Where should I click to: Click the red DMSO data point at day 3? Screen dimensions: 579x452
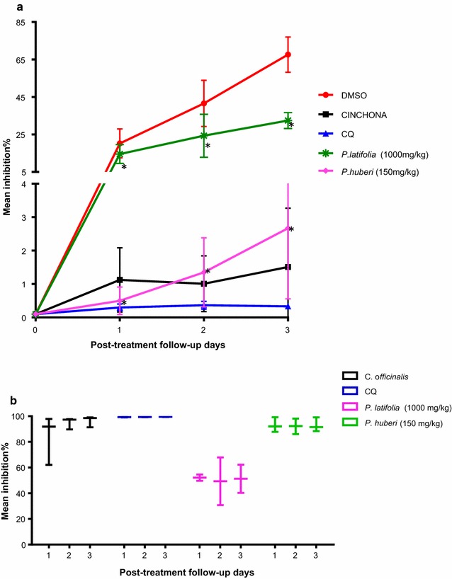coord(288,55)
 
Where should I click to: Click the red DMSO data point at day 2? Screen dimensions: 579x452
coord(204,103)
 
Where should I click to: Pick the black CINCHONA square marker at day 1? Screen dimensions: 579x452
coord(120,280)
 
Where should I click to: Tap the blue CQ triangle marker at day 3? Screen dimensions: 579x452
coord(288,306)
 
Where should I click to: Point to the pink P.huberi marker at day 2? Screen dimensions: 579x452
coord(204,272)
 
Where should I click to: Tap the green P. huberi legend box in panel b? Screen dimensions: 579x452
coord(351,423)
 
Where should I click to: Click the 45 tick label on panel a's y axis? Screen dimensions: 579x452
coord(21,97)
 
